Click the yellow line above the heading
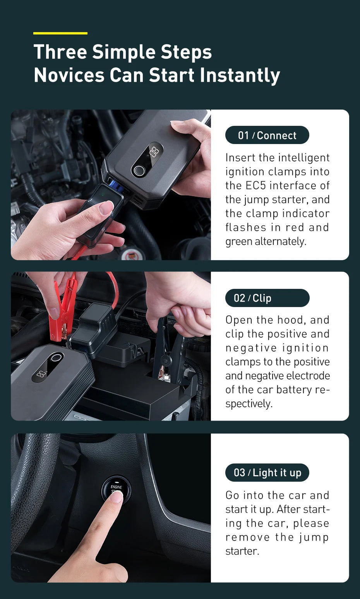pyautogui.click(x=60, y=33)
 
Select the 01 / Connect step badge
pyautogui.click(x=267, y=135)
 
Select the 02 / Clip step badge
pyautogui.click(x=267, y=298)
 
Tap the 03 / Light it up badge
pyautogui.click(x=267, y=472)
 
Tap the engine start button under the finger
pyautogui.click(x=116, y=490)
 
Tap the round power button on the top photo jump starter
pyautogui.click(x=138, y=170)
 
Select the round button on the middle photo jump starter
pyautogui.click(x=56, y=357)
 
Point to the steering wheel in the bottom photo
pyautogui.click(x=31, y=484)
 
